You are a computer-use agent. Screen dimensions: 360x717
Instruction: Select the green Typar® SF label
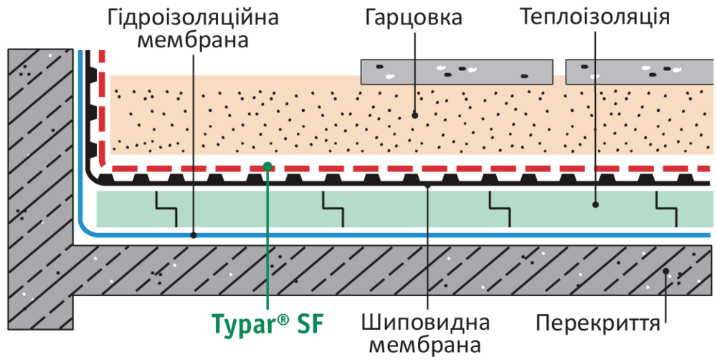coord(267,323)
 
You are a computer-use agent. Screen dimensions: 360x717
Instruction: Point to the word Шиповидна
coord(427,323)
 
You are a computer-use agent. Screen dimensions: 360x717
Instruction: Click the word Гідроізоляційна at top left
coord(193,16)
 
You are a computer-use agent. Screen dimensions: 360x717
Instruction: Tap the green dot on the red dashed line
coord(267,166)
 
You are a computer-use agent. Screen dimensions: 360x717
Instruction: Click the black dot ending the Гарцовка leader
coord(414,114)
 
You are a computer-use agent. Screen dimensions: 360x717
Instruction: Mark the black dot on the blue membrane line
coord(194,235)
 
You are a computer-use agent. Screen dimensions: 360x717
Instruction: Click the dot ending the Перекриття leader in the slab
coord(666,273)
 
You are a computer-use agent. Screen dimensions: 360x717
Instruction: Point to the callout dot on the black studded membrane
coord(427,184)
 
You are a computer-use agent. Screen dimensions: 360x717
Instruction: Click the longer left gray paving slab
coord(456,71)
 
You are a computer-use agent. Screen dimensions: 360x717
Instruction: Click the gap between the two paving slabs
coord(559,71)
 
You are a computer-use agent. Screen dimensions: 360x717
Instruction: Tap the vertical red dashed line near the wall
coord(102,108)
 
